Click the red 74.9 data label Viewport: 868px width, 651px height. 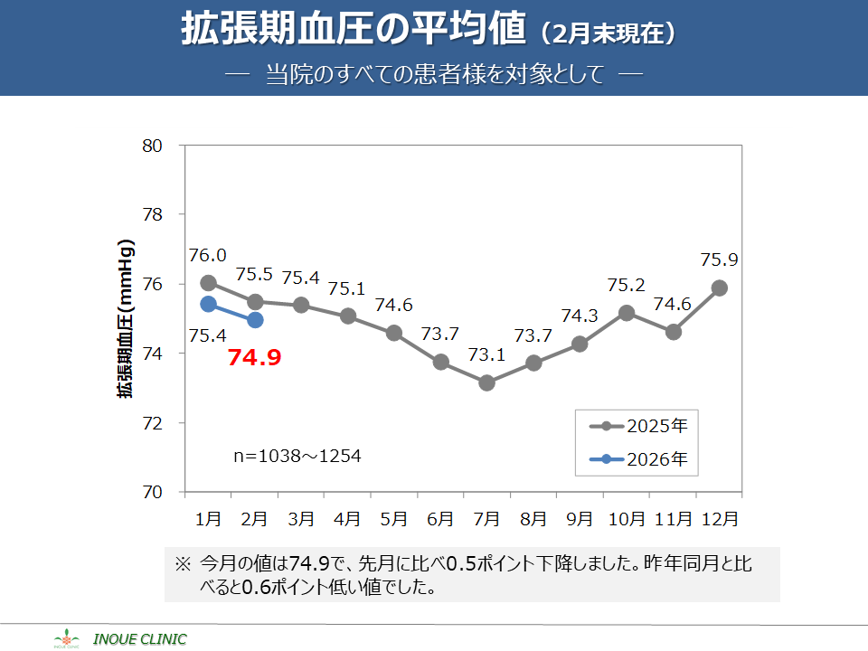254,357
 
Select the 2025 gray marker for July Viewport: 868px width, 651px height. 487,383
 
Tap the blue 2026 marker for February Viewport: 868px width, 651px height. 255,320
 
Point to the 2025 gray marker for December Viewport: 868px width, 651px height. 720,288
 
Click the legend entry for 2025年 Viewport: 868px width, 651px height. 638,426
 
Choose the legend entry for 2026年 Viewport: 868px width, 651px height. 638,459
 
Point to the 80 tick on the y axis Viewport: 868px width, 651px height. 152,146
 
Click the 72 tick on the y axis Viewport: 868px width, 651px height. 152,423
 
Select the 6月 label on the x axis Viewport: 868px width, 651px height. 440,519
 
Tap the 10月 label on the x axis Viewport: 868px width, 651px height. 627,519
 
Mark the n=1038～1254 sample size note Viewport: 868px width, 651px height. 297,457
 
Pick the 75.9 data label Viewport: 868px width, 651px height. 720,260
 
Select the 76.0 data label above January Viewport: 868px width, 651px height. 208,256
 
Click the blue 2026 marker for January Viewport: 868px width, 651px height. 208,304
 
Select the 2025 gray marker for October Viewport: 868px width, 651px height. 627,313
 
